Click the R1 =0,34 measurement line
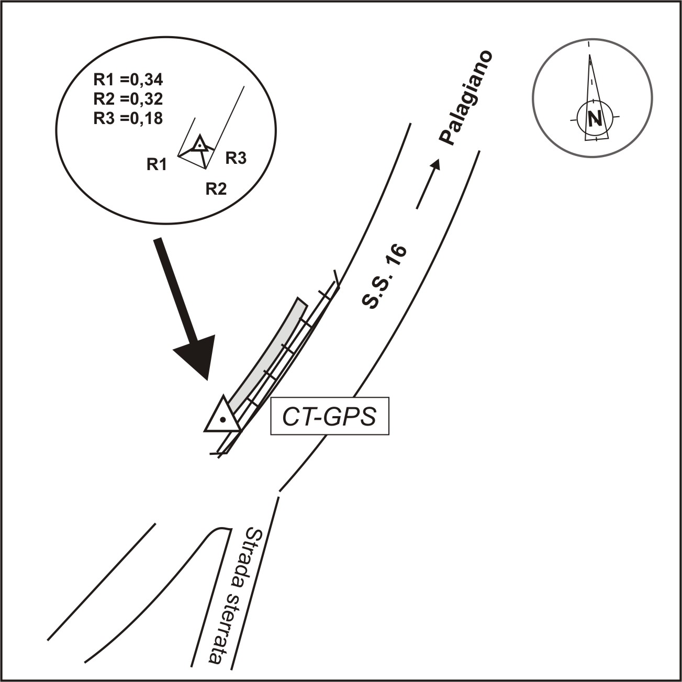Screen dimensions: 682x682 [128, 80]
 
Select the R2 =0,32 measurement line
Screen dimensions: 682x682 [128, 99]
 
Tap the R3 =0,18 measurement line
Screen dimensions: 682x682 [128, 118]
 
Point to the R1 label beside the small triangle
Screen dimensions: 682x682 [156, 165]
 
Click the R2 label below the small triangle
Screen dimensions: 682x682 [216, 189]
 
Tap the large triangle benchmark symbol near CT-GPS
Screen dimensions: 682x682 [222, 417]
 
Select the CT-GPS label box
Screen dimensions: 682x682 [330, 418]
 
